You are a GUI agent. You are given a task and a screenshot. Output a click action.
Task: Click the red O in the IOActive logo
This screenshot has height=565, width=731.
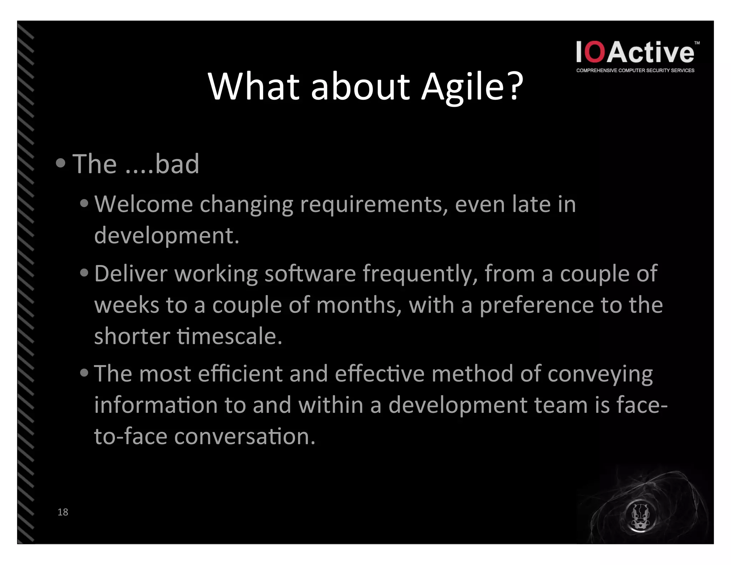pos(595,52)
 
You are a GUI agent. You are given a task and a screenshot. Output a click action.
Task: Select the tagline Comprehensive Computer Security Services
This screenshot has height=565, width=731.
pos(635,70)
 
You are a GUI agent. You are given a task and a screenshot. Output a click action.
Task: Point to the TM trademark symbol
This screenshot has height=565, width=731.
pos(697,43)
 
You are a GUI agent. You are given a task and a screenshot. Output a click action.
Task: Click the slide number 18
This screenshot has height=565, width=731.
pos(63,512)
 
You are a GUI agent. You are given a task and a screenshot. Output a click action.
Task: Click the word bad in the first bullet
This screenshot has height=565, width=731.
pos(177,164)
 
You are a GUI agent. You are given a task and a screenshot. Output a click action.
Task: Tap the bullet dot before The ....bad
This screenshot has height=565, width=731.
pos(61,163)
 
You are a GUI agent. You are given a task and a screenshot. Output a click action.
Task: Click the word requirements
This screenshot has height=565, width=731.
pos(374,205)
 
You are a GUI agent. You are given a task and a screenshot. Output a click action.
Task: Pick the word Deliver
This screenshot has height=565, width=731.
pos(131,274)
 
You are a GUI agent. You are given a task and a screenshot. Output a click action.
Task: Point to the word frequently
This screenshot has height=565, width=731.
pos(420,274)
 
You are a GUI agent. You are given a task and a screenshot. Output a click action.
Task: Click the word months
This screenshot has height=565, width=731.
pos(359,305)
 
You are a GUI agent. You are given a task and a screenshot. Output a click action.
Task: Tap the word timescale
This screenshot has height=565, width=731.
pos(230,336)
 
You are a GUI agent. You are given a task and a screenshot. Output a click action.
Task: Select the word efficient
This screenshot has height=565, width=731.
pos(240,374)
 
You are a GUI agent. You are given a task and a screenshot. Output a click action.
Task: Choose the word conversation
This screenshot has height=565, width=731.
pos(245,436)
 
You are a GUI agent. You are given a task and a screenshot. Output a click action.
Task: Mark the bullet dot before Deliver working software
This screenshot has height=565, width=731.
pos(84,273)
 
